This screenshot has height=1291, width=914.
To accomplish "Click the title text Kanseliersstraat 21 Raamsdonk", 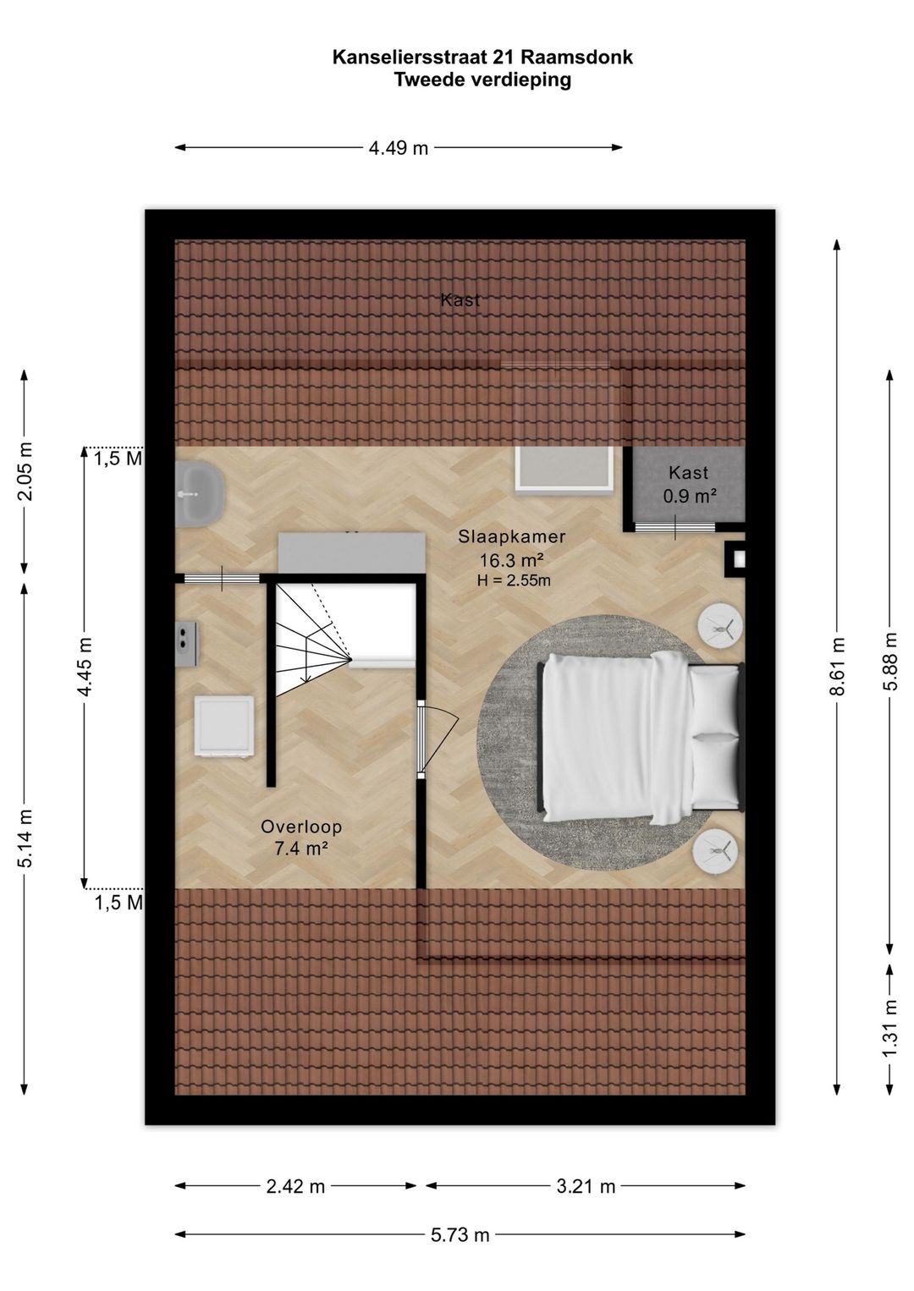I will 482,58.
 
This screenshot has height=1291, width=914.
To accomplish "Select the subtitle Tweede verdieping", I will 482,80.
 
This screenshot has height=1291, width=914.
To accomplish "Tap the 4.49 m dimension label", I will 399,148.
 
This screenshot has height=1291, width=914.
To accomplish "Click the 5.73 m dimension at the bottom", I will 460,1235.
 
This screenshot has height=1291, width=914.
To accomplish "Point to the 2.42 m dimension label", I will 295,1187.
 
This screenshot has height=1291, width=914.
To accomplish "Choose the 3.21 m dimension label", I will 586,1187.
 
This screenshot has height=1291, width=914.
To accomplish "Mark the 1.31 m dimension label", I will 889,1028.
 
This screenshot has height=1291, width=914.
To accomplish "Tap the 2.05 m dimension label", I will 25,471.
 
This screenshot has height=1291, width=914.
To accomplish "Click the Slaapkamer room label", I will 512,536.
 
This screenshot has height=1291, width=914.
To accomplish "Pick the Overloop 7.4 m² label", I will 300,838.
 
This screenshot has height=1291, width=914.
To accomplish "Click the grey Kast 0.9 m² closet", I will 689,485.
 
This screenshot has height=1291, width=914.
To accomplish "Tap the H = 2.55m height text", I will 513,580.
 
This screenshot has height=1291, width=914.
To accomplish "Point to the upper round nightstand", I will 719,627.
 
